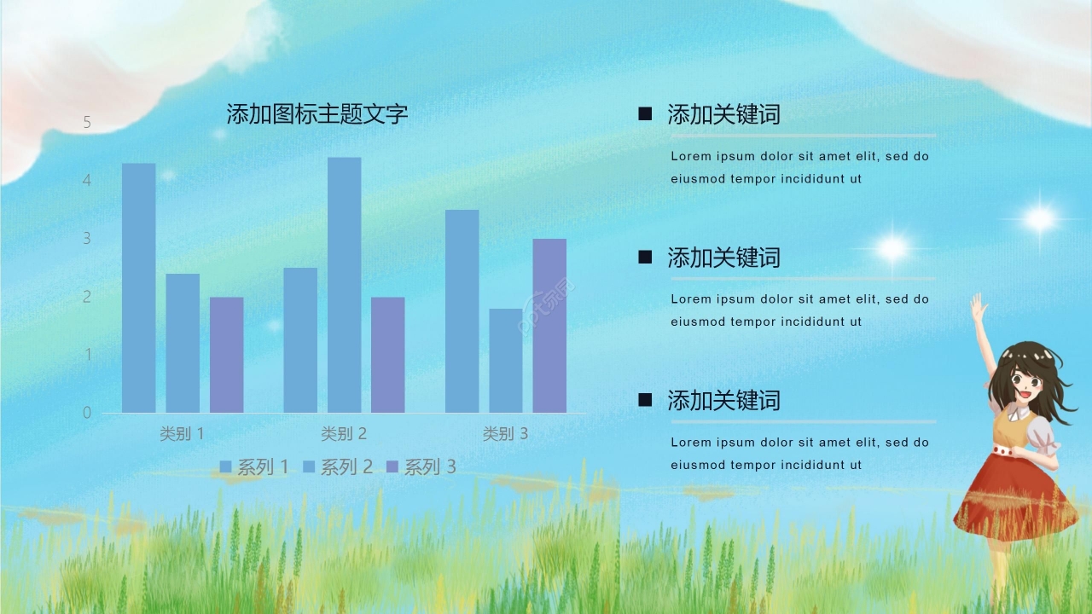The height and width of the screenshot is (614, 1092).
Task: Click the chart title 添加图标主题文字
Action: pos(317,113)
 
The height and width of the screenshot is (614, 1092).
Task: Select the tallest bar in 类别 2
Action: pos(344,285)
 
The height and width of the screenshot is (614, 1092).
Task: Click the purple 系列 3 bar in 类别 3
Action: pos(549,326)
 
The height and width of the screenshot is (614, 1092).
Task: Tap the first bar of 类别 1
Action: pos(138,288)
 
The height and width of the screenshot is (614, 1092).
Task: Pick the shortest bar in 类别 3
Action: pos(505,361)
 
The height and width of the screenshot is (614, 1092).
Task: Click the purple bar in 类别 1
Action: pos(226,355)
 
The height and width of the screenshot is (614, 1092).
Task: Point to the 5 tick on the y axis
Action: pos(86,123)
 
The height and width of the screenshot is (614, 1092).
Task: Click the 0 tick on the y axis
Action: pos(86,413)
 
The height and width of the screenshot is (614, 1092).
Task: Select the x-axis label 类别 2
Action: pos(343,433)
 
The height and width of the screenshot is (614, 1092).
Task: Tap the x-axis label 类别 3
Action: pos(505,433)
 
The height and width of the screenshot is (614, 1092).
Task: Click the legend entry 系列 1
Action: pos(254,467)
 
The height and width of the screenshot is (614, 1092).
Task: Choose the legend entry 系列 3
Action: pos(421,467)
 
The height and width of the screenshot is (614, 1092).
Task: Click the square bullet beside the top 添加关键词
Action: pos(645,113)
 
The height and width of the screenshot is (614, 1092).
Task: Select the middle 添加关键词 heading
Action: pos(723,258)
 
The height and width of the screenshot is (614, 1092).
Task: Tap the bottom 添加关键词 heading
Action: pos(723,400)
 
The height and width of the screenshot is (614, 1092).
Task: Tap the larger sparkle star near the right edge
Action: pos(1039,219)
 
